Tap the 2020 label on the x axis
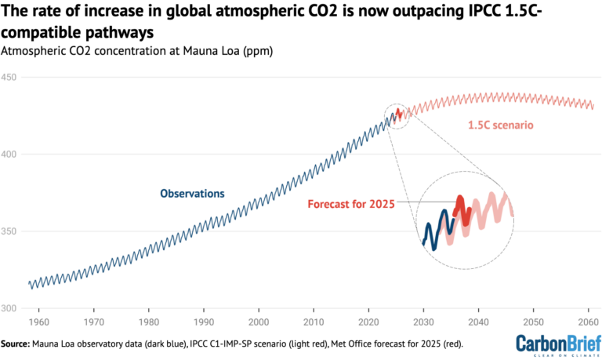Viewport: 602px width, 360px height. (x=368, y=322)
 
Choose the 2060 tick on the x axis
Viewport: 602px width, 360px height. (x=588, y=322)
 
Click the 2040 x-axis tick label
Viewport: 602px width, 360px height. (x=478, y=322)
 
